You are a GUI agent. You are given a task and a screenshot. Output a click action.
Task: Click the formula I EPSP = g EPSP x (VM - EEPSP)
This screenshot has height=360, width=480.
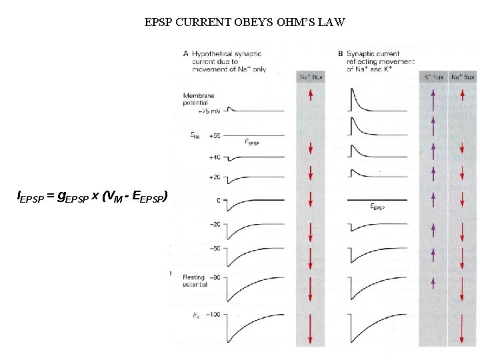tap(92, 196)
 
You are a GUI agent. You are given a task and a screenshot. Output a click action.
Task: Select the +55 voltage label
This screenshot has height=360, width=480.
tap(214, 135)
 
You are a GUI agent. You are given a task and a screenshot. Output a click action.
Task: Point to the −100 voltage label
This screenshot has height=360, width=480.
tap(212, 313)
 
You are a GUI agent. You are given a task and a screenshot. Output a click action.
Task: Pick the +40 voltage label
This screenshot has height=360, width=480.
tap(214, 157)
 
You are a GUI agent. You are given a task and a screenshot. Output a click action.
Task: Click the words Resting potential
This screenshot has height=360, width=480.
tap(195, 280)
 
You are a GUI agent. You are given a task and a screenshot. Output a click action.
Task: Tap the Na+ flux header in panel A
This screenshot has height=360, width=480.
tap(310, 77)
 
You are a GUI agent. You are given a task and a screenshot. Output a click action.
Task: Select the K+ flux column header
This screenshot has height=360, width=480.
tap(433, 77)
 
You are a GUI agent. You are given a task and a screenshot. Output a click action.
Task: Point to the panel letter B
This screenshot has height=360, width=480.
tap(341, 53)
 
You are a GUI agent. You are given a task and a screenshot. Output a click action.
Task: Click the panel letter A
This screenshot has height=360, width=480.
tap(185, 53)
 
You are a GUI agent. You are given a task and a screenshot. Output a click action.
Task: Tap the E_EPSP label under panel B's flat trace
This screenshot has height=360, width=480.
tap(377, 207)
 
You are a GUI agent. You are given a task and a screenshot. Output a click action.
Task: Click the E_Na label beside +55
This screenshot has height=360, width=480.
tap(194, 135)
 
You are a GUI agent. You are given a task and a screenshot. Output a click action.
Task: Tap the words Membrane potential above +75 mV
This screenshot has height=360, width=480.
tap(199, 99)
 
